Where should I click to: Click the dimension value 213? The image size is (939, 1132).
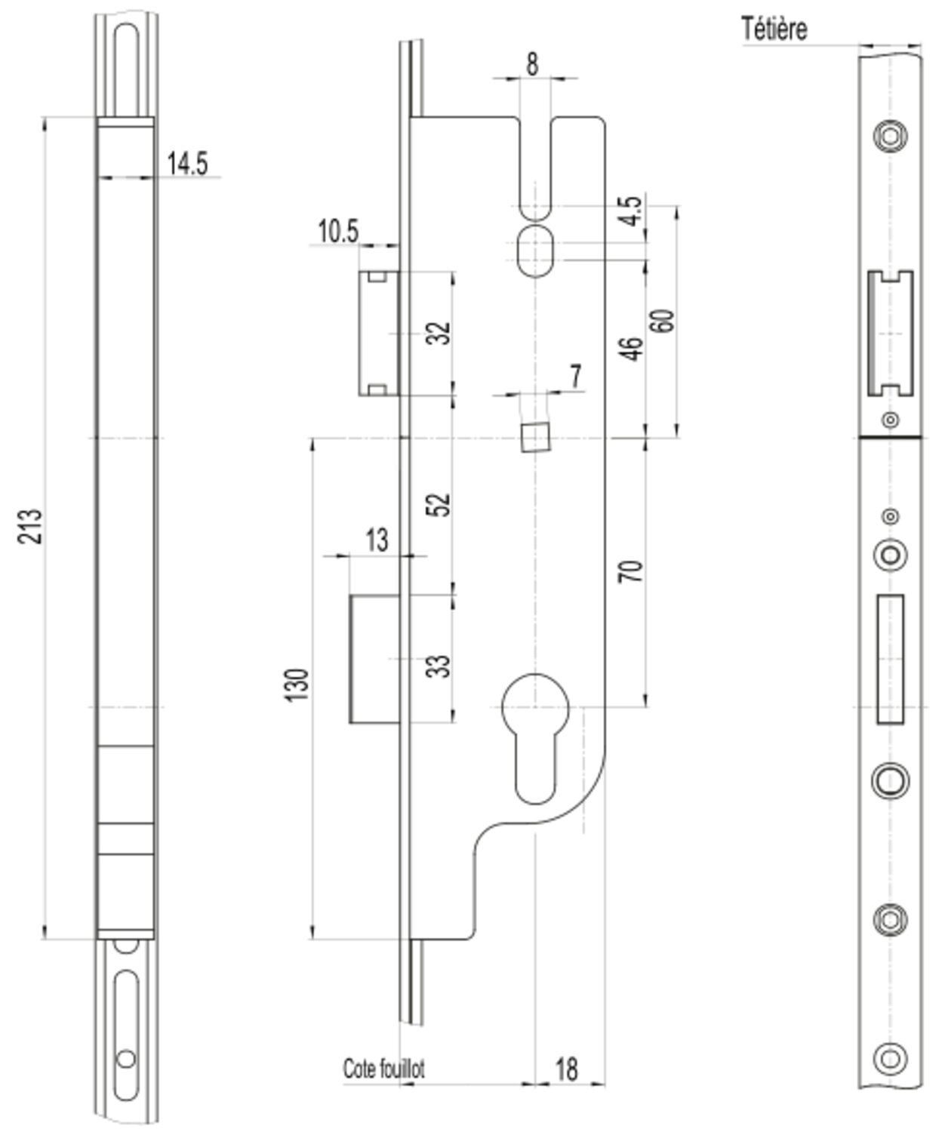31,526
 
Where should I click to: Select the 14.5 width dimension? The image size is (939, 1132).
186,163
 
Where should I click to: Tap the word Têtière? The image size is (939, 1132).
774,29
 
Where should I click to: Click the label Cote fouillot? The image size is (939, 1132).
383,1069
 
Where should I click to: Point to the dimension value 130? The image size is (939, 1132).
297,684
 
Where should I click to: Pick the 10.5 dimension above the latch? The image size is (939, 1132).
337,232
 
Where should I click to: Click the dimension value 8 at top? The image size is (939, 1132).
532,64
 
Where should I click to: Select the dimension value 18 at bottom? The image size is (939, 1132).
566,1069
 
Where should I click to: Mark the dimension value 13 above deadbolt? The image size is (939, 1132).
377,540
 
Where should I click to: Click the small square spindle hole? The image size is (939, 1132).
534,437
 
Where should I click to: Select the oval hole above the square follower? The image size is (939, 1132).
534,250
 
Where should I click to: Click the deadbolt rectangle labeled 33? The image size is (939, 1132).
375,659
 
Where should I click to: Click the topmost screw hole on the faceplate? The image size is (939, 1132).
890,136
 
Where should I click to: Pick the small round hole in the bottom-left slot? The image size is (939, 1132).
126,1059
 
